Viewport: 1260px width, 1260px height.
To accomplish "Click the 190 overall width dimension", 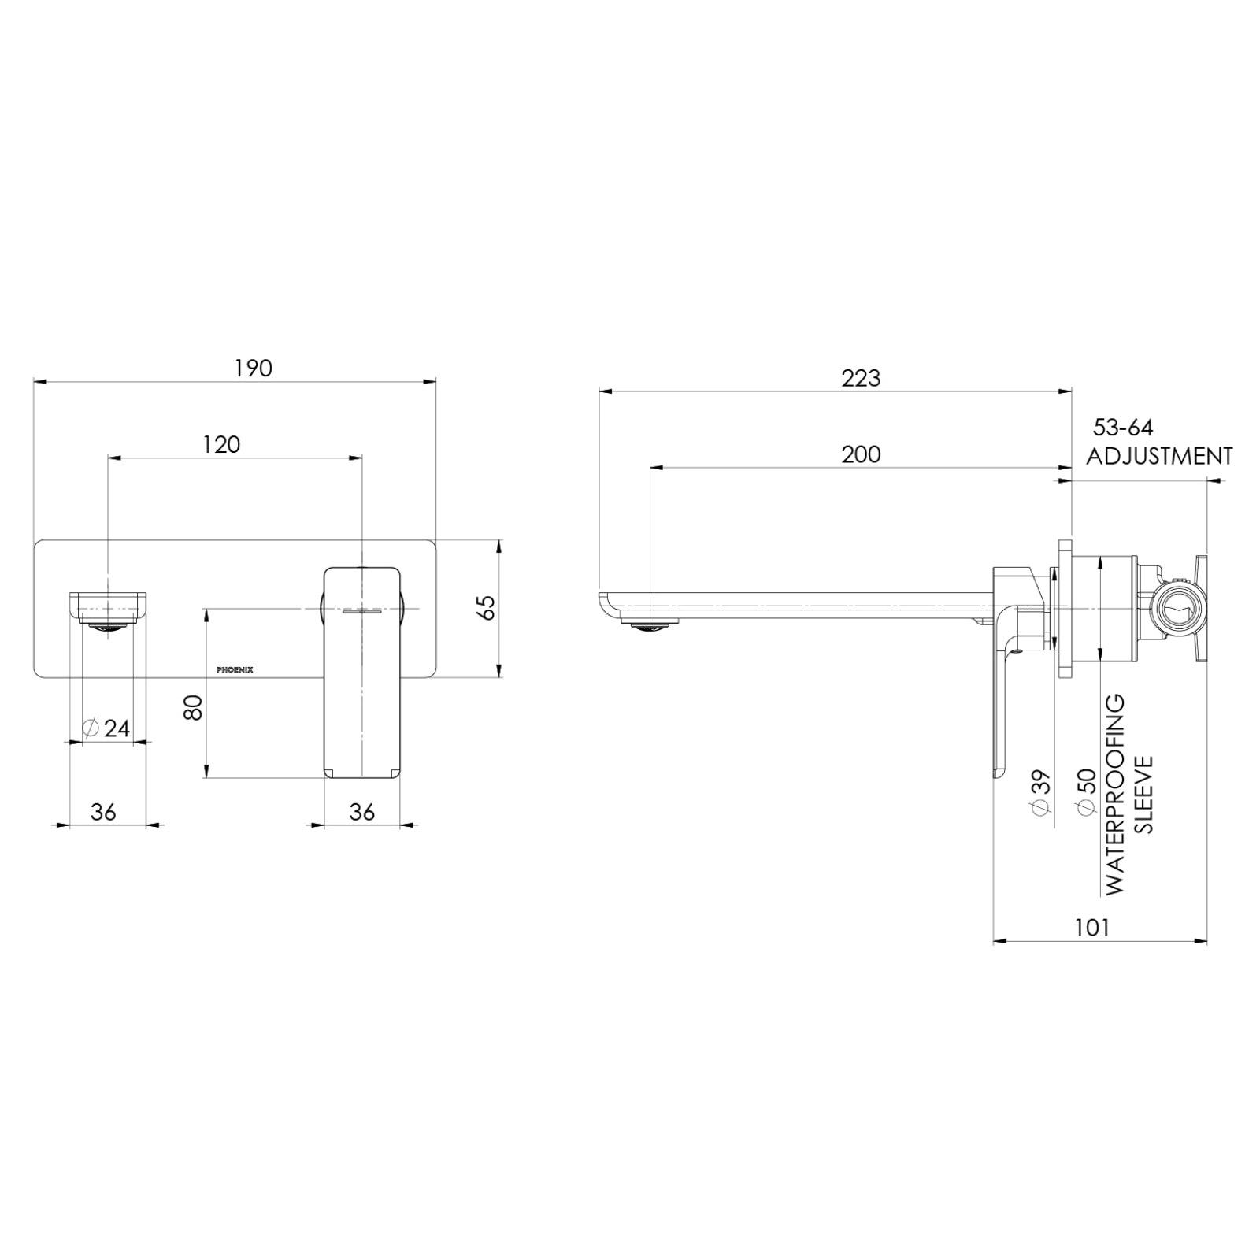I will pyautogui.click(x=254, y=369).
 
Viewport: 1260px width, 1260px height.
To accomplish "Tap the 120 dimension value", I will pyautogui.click(x=221, y=445).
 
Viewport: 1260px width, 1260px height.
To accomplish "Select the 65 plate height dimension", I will pyautogui.click(x=488, y=607).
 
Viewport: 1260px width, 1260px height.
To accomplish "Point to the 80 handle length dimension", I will pyautogui.click(x=194, y=706).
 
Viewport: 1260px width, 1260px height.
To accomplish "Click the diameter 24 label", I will pyautogui.click(x=107, y=728).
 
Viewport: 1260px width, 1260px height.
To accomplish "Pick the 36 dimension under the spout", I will pyautogui.click(x=103, y=812).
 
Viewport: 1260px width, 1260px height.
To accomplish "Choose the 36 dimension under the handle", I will pyautogui.click(x=361, y=812).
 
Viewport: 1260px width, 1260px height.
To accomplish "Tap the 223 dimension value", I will pyautogui.click(x=861, y=379).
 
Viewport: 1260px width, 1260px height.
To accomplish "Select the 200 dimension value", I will pyautogui.click(x=861, y=455).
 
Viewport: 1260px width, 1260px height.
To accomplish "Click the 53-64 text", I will pyautogui.click(x=1123, y=428).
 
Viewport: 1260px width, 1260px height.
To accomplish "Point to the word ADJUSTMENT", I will pyautogui.click(x=1159, y=456).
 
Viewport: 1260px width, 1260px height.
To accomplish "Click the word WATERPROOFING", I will pyautogui.click(x=1115, y=794).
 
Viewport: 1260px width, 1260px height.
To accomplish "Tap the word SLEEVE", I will pyautogui.click(x=1144, y=794).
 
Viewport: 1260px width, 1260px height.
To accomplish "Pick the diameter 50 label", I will pyautogui.click(x=1087, y=792).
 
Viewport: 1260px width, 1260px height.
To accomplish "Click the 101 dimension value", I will pyautogui.click(x=1092, y=928).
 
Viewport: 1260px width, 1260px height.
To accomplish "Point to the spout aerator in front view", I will pyautogui.click(x=108, y=627).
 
